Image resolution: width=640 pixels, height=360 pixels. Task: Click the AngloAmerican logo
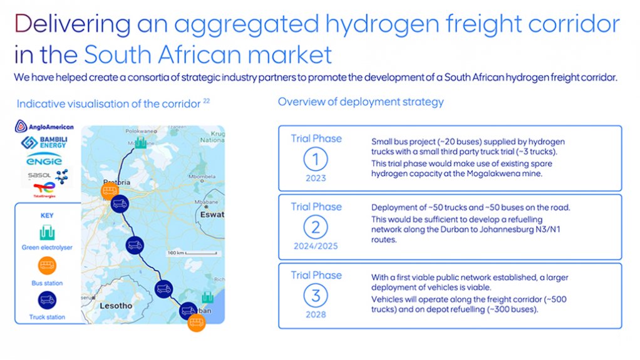44,127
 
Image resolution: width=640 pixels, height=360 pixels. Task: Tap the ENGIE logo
44,161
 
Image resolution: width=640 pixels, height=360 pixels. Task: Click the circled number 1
316,159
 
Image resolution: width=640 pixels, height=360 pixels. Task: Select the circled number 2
316,227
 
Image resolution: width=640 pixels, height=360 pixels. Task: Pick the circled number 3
316,295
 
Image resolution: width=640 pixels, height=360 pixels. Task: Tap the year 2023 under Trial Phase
316,178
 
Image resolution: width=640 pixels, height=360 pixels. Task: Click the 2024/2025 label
316,246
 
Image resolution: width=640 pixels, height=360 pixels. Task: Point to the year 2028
316,314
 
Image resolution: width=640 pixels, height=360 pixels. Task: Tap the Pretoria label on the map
116,182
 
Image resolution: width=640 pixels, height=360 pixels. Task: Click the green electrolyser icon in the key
47,234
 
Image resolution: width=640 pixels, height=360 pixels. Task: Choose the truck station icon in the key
47,301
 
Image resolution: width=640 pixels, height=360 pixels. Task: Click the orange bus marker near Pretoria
110,190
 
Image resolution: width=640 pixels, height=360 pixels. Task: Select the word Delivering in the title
72,24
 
